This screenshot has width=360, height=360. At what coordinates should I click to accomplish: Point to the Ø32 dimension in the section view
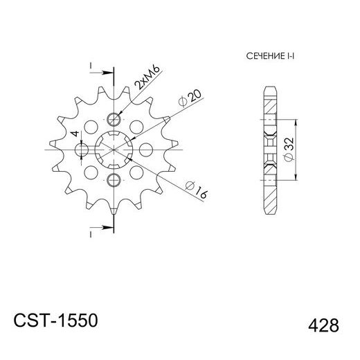pyautogui.click(x=288, y=149)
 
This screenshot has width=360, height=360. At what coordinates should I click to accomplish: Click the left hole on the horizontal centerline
pyautogui.click(x=82, y=149)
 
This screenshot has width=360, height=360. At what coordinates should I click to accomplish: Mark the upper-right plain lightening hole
pyautogui.click(x=136, y=127)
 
